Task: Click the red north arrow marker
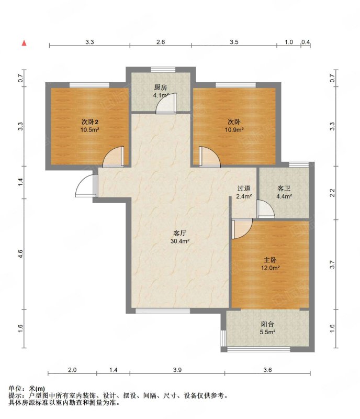[x=24, y=43]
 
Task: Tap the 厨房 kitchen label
[x=160, y=87]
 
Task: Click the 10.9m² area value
[x=234, y=130]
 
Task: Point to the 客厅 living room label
[x=179, y=233]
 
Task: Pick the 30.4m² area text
[x=180, y=241]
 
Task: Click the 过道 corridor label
[x=243, y=189]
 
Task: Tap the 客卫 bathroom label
[x=284, y=189]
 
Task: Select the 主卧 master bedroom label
[x=271, y=260]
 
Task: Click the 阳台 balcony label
[x=267, y=324]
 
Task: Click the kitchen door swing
[x=166, y=103]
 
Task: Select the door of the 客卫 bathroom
[x=265, y=209]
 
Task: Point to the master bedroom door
[x=242, y=229]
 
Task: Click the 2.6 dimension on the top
[x=161, y=42]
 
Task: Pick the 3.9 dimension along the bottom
[x=177, y=370]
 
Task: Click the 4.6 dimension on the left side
[x=21, y=254]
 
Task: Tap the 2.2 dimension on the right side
[x=332, y=193]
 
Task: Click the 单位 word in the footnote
[x=15, y=389]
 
